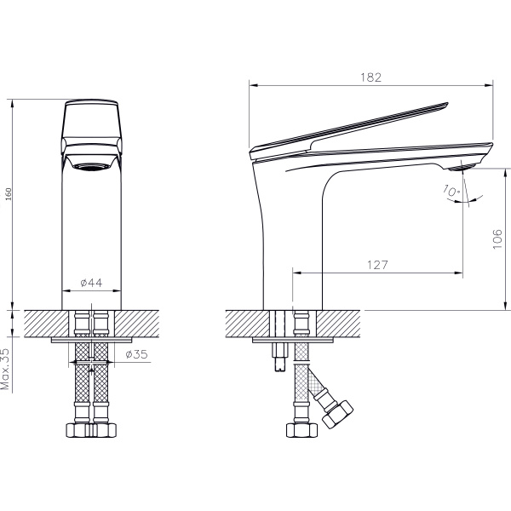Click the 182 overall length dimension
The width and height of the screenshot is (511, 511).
pos(370,77)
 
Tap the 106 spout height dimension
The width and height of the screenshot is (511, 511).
pos(499,239)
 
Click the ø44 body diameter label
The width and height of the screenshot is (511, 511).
pos(91,283)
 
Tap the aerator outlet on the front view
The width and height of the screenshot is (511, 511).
pos(91,165)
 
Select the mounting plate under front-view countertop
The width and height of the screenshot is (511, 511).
pos(91,340)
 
